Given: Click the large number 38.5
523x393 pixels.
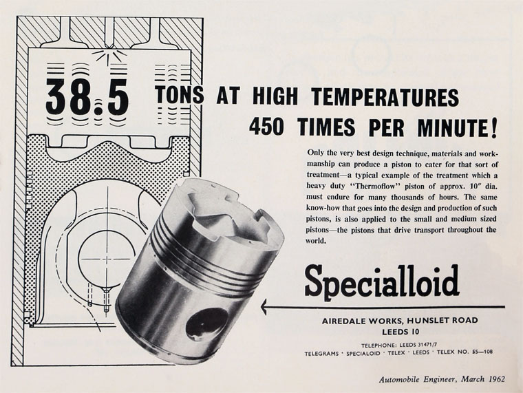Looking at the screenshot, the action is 87,97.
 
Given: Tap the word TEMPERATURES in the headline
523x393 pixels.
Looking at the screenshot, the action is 385,97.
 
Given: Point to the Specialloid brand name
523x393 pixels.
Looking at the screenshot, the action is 382,281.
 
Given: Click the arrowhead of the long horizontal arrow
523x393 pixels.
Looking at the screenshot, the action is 264,306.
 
